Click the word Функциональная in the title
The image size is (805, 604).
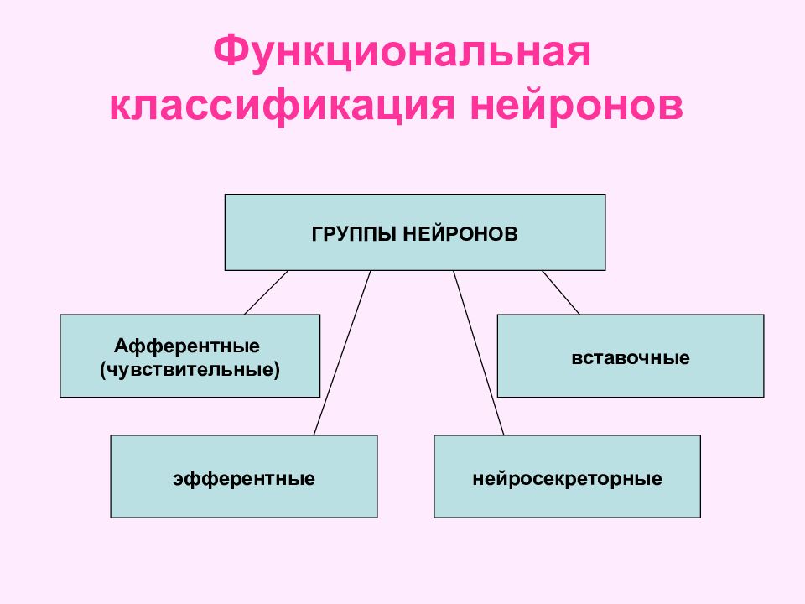pyautogui.click(x=402, y=51)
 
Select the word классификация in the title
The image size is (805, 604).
pyautogui.click(x=283, y=106)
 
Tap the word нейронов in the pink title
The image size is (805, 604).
pyautogui.click(x=577, y=106)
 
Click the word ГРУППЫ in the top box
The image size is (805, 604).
pyautogui.click(x=354, y=234)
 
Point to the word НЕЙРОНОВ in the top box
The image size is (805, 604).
pyautogui.click(x=460, y=234)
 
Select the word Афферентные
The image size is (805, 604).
pyautogui.click(x=187, y=346)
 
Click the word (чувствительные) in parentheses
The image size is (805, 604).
pyautogui.click(x=190, y=369)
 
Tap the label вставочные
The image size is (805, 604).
pyautogui.click(x=631, y=357)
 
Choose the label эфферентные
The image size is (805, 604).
pyautogui.click(x=244, y=479)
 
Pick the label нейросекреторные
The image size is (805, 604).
pyautogui.click(x=568, y=479)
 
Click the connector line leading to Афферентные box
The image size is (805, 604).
pyautogui.click(x=266, y=292)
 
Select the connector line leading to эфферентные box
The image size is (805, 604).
pyautogui.click(x=342, y=353)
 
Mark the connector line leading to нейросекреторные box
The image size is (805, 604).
pyautogui.click(x=479, y=353)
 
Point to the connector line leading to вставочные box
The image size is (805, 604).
pyautogui.click(x=561, y=292)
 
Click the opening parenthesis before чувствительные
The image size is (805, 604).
pyautogui.click(x=102, y=370)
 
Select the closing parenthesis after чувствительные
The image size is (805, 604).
pyautogui.click(x=278, y=370)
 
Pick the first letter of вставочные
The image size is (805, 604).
pyautogui.click(x=577, y=358)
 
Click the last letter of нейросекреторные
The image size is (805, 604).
pyautogui.click(x=657, y=479)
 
